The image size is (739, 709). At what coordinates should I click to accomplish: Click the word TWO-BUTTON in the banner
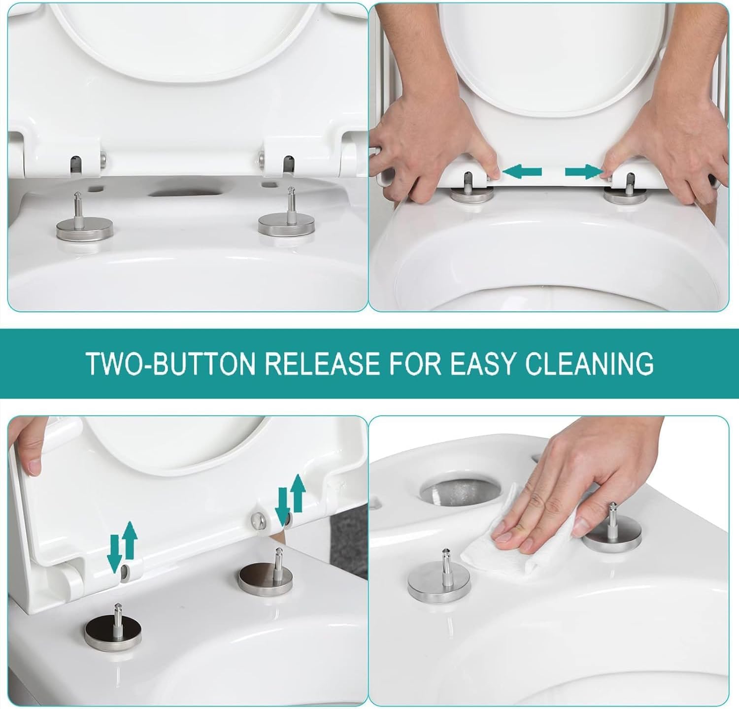click(x=170, y=364)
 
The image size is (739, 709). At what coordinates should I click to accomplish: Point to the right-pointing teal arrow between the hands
click(x=583, y=172)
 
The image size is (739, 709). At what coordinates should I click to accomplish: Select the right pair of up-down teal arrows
click(x=290, y=499)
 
